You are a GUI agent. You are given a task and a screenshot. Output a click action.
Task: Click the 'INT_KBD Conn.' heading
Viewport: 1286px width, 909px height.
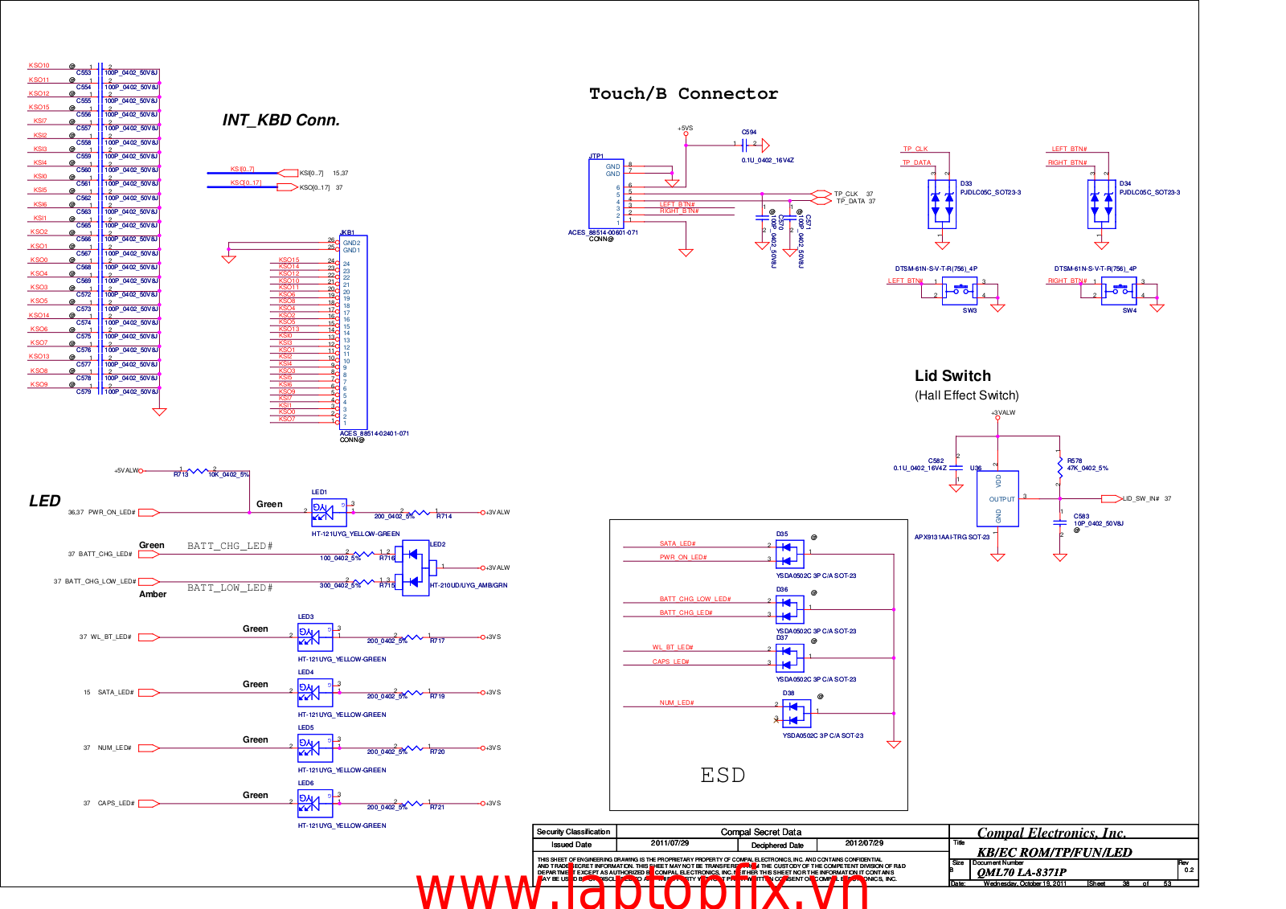pyautogui.click(x=281, y=121)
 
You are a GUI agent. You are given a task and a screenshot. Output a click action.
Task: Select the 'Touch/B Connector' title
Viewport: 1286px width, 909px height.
pyautogui.click(x=683, y=94)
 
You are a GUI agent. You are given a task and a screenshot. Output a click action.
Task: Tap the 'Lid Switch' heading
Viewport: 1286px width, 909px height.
pyautogui.click(x=952, y=375)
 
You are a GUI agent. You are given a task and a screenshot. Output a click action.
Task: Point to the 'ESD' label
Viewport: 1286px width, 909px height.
pyautogui.click(x=723, y=775)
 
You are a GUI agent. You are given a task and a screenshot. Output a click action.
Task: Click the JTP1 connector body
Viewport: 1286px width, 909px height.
pyautogui.click(x=606, y=193)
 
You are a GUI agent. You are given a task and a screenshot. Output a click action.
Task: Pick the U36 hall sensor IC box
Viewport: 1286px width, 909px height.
pyautogui.click(x=997, y=498)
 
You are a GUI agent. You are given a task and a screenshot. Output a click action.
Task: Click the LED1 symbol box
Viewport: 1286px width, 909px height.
pyautogui.click(x=328, y=512)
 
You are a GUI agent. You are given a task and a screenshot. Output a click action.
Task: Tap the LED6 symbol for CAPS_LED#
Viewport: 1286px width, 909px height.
pyautogui.click(x=314, y=803)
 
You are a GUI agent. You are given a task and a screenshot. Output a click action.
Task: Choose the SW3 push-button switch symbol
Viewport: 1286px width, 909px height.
pyautogui.click(x=959, y=289)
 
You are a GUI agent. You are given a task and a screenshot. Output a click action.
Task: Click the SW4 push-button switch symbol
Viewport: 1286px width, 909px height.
pyautogui.click(x=1119, y=289)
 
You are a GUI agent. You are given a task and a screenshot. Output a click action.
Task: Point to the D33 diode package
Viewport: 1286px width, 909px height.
pyautogui.click(x=942, y=203)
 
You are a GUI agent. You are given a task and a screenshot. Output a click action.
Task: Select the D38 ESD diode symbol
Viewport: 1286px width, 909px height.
pyautogui.click(x=796, y=713)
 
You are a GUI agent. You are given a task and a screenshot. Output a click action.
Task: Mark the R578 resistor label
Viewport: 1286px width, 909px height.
pyautogui.click(x=1075, y=461)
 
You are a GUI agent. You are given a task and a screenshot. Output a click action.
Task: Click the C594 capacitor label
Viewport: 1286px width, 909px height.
pyautogui.click(x=749, y=133)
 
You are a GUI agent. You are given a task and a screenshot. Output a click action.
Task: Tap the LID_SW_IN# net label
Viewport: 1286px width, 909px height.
pyautogui.click(x=1141, y=499)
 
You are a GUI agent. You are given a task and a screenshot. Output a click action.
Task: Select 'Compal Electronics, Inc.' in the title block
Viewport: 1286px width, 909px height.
pyautogui.click(x=1051, y=833)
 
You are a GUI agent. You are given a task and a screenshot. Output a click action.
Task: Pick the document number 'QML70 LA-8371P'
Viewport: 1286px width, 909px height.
pyautogui.click(x=1021, y=872)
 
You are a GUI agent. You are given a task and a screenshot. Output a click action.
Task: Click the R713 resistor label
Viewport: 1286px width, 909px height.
pyautogui.click(x=181, y=475)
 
